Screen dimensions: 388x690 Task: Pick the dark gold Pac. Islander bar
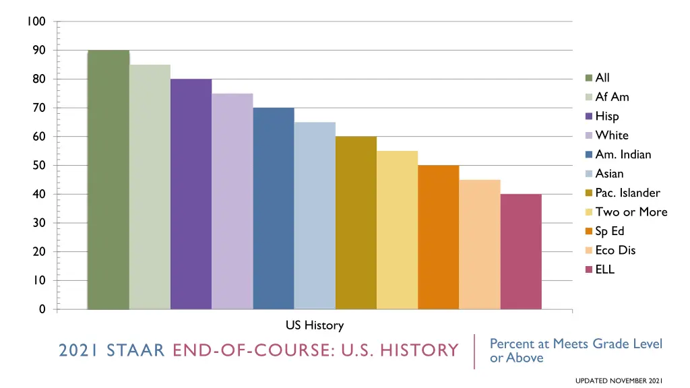pos(356,223)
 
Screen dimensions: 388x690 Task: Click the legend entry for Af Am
pos(612,97)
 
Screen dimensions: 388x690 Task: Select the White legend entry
pos(611,135)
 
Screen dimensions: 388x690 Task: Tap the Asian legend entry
pos(609,174)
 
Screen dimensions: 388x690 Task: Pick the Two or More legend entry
pos(631,212)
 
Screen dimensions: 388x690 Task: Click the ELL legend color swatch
pos(589,270)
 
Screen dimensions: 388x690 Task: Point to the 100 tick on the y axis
pos(36,22)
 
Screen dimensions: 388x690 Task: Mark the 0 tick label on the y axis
pos(42,309)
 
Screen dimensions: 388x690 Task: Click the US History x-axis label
pos(315,325)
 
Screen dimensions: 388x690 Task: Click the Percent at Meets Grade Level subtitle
pos(575,344)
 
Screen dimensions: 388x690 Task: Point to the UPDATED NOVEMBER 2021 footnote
pos(619,381)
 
